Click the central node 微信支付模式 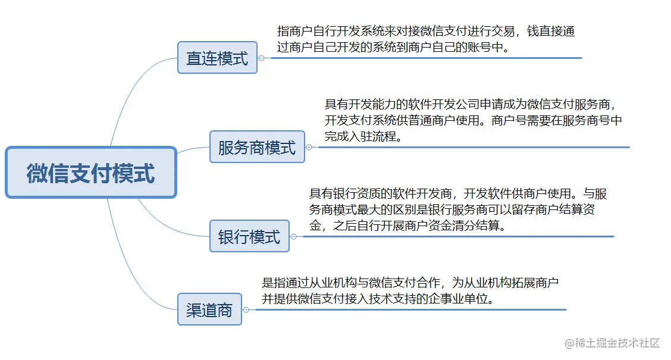click(91, 173)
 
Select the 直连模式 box click(217, 58)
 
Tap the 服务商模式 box click(257, 147)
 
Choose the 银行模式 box click(249, 236)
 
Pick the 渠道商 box click(209, 309)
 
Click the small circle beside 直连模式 click(261, 58)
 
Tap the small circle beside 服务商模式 click(309, 147)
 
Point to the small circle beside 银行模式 click(293, 236)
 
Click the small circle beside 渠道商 click(246, 309)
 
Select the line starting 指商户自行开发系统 click(426, 32)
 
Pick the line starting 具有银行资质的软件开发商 click(458, 194)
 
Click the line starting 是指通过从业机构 click(410, 282)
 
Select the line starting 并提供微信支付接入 click(380, 299)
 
